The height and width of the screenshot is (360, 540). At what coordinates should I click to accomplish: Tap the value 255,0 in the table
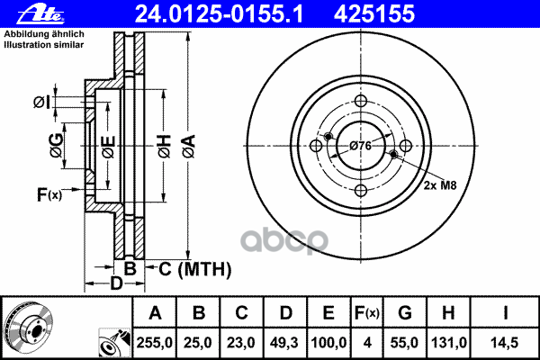click(155, 342)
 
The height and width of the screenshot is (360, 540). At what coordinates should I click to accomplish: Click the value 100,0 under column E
click(329, 342)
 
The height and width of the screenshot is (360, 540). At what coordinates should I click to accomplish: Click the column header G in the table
click(404, 313)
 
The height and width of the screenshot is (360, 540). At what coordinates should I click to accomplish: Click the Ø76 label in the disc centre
click(360, 146)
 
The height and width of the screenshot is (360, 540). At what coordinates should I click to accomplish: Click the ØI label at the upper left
click(42, 101)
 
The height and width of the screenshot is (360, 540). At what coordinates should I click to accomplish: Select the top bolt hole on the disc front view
click(360, 101)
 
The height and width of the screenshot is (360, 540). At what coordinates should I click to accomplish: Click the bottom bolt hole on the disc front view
click(360, 190)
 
